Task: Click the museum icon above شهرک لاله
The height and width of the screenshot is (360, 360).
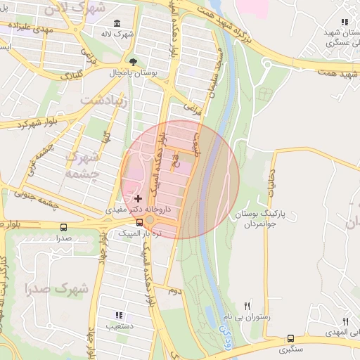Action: (x=116, y=24)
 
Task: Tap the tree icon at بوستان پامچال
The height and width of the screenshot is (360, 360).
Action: (x=133, y=62)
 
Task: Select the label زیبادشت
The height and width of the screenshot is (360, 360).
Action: (x=106, y=101)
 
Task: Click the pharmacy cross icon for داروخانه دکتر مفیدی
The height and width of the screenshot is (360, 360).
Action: (x=138, y=199)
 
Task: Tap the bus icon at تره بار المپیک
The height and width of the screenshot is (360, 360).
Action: (x=139, y=223)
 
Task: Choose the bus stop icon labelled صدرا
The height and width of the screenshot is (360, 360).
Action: (x=64, y=228)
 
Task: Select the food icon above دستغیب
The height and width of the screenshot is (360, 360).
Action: (x=119, y=315)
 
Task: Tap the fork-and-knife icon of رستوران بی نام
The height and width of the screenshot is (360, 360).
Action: (x=247, y=306)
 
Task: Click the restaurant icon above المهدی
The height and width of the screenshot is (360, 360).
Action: (x=345, y=319)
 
